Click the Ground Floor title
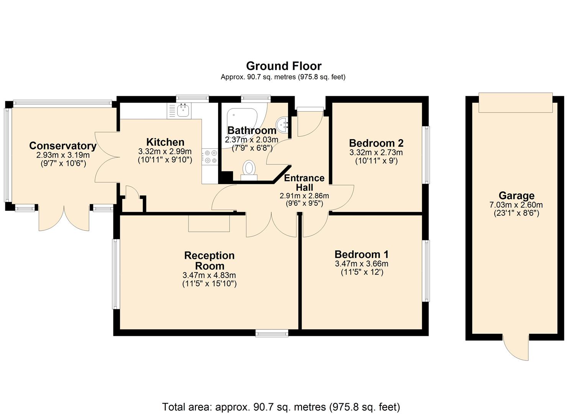pos(284,66)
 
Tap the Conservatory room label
pos(63,146)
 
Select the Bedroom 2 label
pos(376,143)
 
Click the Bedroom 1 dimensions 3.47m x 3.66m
pos(361,264)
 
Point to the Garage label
pos(516,196)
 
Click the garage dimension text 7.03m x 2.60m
pos(516,205)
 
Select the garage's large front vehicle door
pos(515,103)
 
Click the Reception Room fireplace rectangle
pos(209,223)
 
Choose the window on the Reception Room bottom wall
pos(272,333)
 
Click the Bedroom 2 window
pos(426,155)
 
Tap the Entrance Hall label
pos(304,183)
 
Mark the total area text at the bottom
pos(281,407)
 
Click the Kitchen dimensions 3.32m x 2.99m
pos(165,151)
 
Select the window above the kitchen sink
pos(192,99)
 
